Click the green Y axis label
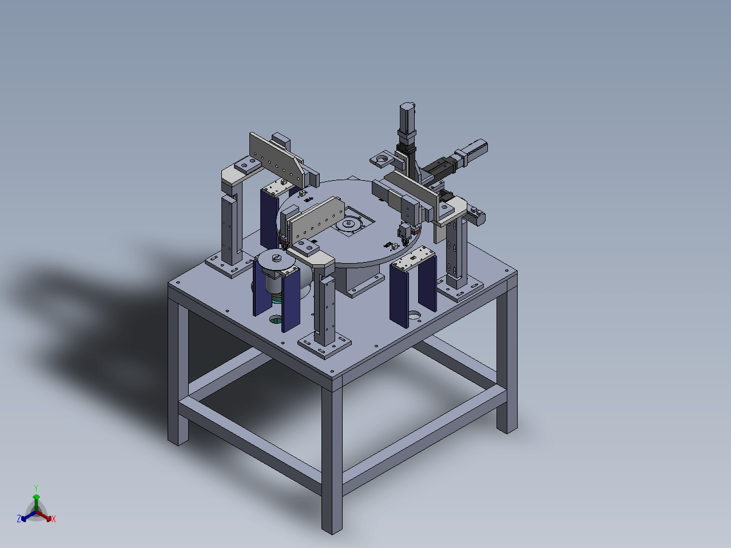tap(36, 488)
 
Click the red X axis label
tap(54, 519)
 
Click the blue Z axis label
tap(19, 518)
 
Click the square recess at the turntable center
tap(353, 222)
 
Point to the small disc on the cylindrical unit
tap(276, 260)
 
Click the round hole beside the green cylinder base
tap(276, 320)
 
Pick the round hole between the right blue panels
tap(414, 314)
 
